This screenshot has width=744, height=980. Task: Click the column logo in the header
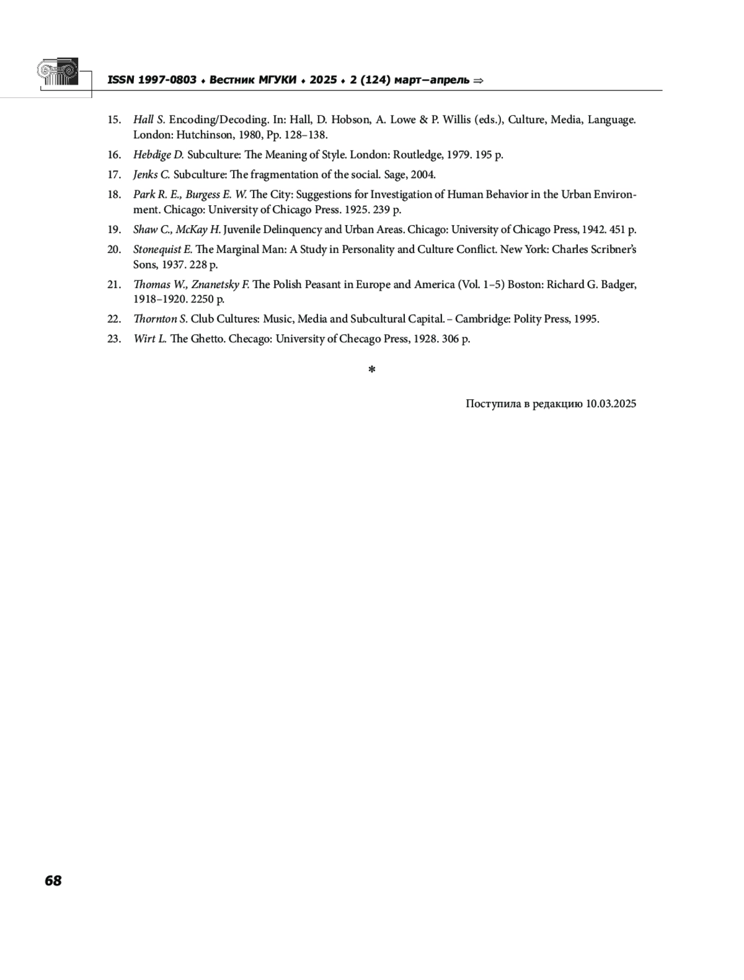(58, 73)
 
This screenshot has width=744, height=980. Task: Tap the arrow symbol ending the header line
(477, 81)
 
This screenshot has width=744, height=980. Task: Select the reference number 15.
(114, 120)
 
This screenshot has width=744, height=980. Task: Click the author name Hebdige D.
(158, 155)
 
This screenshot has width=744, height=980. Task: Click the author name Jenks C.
(151, 175)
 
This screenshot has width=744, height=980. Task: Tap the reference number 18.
(114, 195)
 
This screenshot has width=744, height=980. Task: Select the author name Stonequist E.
(162, 250)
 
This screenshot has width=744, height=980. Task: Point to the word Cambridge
(481, 319)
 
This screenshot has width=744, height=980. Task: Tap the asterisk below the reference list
(372, 370)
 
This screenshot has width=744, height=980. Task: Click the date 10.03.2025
(611, 404)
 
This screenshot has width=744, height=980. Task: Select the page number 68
(53, 881)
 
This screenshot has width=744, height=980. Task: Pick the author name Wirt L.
(150, 339)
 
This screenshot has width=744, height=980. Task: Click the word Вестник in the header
(232, 80)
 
